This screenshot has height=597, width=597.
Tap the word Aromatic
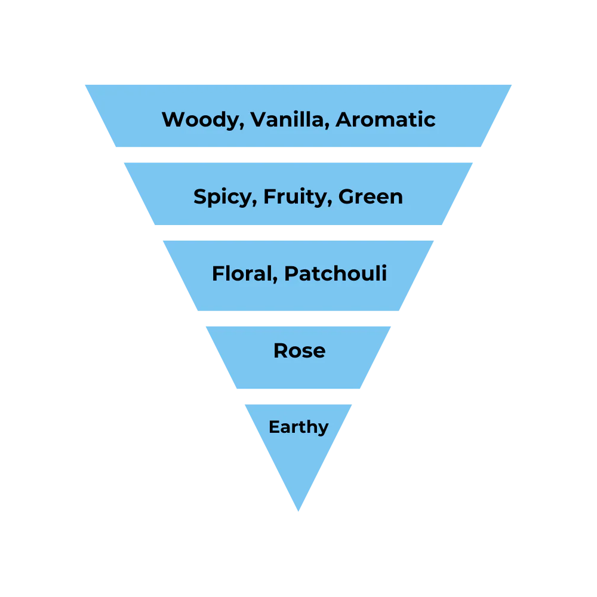click(385, 119)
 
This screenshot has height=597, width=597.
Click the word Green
click(370, 196)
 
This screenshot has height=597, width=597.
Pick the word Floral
click(241, 273)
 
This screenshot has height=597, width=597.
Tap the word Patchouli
click(336, 273)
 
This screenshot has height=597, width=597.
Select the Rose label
click(299, 351)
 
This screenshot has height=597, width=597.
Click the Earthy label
click(298, 427)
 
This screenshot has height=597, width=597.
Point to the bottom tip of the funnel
click(298, 512)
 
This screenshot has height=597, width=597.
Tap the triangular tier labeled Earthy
click(298, 466)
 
